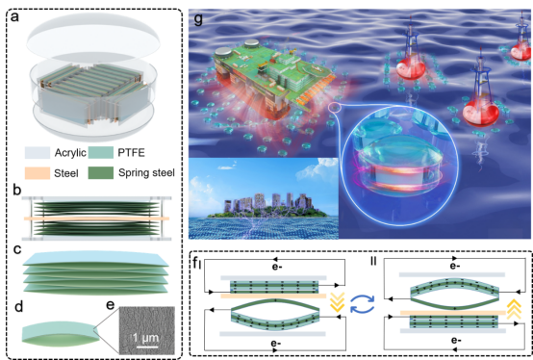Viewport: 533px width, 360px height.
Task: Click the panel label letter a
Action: click(14, 16)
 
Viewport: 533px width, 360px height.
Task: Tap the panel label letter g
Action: click(198, 18)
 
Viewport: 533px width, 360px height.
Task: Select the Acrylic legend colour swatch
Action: click(38, 153)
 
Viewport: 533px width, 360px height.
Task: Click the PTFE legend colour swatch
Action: click(101, 153)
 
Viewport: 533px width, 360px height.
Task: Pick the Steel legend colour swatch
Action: click(38, 173)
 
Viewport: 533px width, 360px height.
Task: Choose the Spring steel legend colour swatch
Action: click(101, 173)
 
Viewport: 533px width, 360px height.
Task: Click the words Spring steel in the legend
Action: click(146, 172)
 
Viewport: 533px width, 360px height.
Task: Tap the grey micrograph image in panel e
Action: click(147, 330)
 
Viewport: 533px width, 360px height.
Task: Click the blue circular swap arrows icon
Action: click(363, 303)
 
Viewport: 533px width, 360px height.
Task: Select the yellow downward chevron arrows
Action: click(338, 302)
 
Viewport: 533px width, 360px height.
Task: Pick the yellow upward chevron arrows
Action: click(514, 309)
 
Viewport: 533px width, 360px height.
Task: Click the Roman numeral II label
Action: click(373, 262)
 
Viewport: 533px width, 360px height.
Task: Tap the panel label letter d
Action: click(18, 307)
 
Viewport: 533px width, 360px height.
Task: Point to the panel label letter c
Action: click(17, 250)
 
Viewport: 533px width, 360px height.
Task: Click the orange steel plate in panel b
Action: click(96, 219)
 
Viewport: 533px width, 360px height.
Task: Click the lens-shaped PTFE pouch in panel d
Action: click(61, 332)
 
